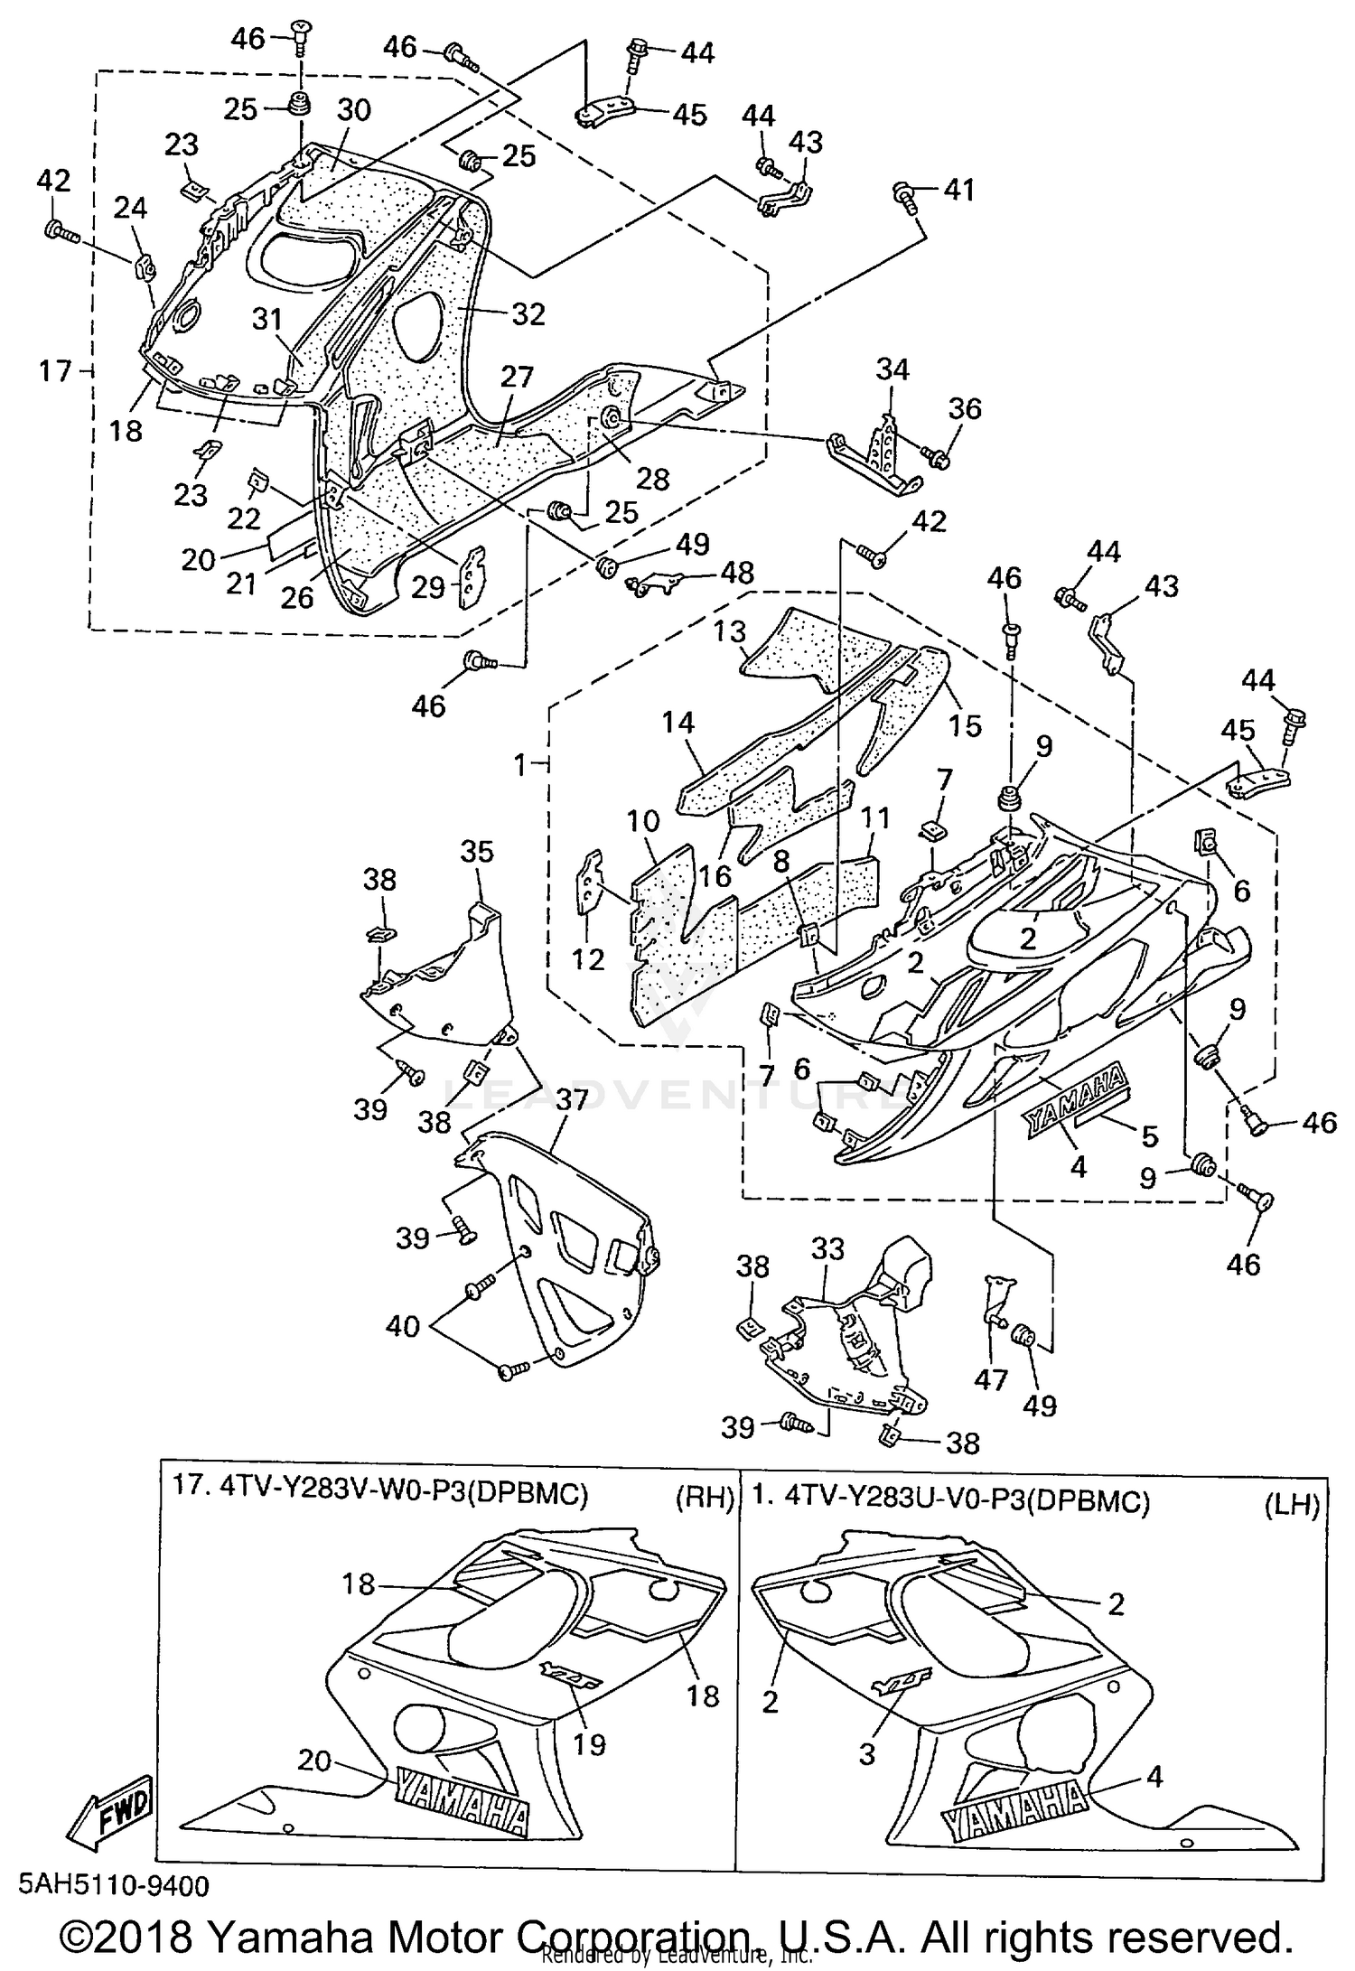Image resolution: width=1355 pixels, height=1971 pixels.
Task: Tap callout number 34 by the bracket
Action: pos(892,369)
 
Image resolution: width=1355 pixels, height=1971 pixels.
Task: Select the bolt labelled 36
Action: pos(937,460)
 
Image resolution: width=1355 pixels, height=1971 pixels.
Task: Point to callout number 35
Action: pos(477,852)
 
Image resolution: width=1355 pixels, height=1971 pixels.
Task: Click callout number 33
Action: pos(827,1249)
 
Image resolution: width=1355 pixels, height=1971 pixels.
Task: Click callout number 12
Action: pos(588,958)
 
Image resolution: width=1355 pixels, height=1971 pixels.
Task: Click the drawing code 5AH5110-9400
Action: pos(114,1886)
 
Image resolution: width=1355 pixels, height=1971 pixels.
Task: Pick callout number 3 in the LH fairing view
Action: pos(867,1754)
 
